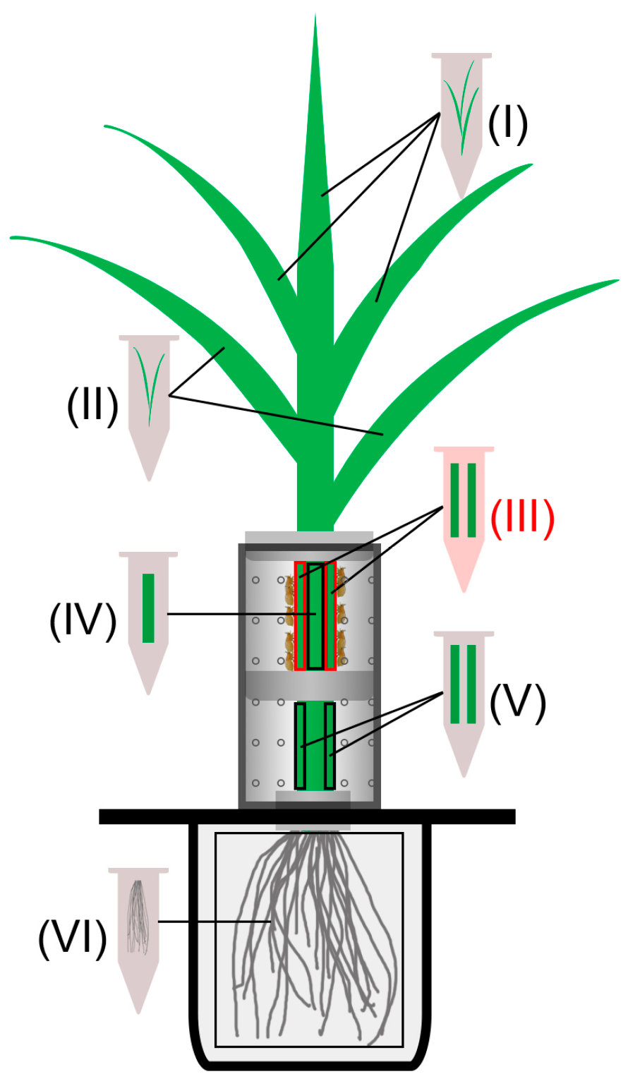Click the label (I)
click(x=507, y=124)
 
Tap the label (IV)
click(x=83, y=621)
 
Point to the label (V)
click(x=518, y=704)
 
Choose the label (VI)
click(x=72, y=939)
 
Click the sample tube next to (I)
click(x=461, y=113)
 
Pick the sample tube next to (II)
click(x=149, y=395)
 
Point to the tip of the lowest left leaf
click(x=14, y=239)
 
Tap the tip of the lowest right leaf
click(x=615, y=282)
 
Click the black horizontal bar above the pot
click(x=307, y=816)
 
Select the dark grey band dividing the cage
click(x=308, y=684)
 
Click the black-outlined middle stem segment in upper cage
click(x=315, y=616)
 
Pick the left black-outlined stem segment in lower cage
click(x=301, y=746)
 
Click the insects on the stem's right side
click(x=341, y=614)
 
